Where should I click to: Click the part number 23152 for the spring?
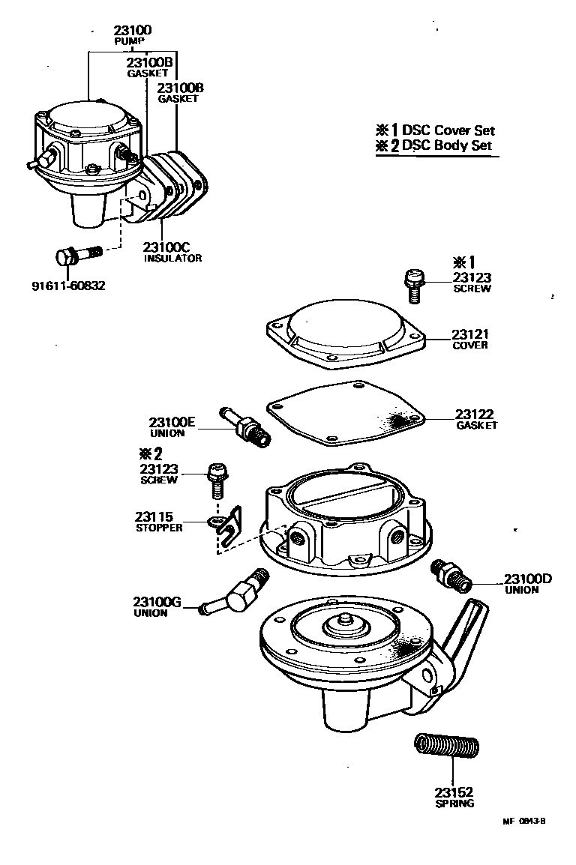(452, 792)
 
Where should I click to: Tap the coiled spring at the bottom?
(447, 747)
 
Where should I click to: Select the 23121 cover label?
(470, 334)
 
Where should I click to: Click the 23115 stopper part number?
(154, 516)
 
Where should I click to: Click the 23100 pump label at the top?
(133, 31)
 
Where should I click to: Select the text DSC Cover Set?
(448, 130)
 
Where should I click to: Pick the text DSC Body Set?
(447, 145)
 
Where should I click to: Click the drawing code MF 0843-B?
(523, 820)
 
